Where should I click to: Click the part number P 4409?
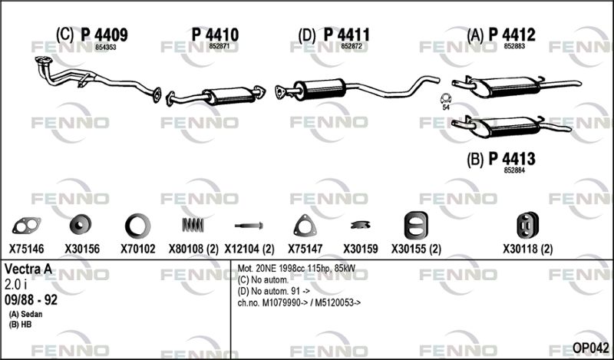point(104,35)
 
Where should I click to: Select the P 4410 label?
point(215,35)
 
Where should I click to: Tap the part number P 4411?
point(346,35)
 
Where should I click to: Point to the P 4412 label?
point(512,35)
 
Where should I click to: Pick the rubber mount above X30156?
point(80,226)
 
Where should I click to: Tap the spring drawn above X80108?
point(193,225)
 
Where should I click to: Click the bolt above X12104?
point(249,226)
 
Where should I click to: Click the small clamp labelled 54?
point(445,99)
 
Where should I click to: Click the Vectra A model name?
point(28,269)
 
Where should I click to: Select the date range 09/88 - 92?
point(31,300)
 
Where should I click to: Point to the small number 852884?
point(514,170)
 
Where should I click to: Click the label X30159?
point(361,249)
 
